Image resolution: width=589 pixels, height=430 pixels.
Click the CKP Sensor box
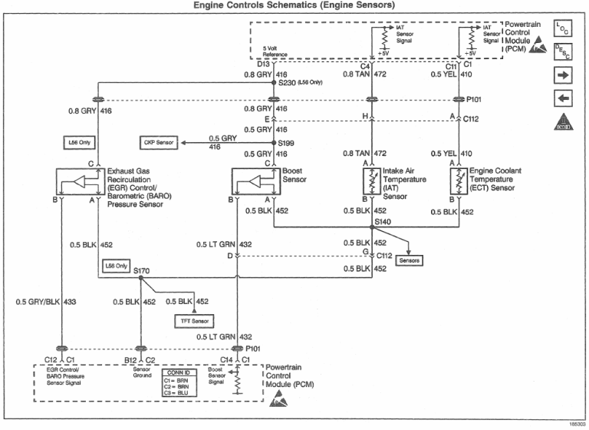[x=158, y=143]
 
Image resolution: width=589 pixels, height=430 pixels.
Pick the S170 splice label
[x=141, y=271]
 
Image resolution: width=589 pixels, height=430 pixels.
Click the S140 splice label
[x=383, y=222]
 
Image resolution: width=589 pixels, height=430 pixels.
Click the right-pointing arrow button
[x=562, y=75]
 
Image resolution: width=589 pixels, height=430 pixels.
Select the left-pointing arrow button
[x=562, y=98]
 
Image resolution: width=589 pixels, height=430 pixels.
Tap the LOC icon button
[x=562, y=28]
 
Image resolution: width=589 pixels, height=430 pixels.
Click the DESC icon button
[x=562, y=51]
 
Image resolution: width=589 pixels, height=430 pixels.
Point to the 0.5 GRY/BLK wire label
[x=38, y=302]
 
